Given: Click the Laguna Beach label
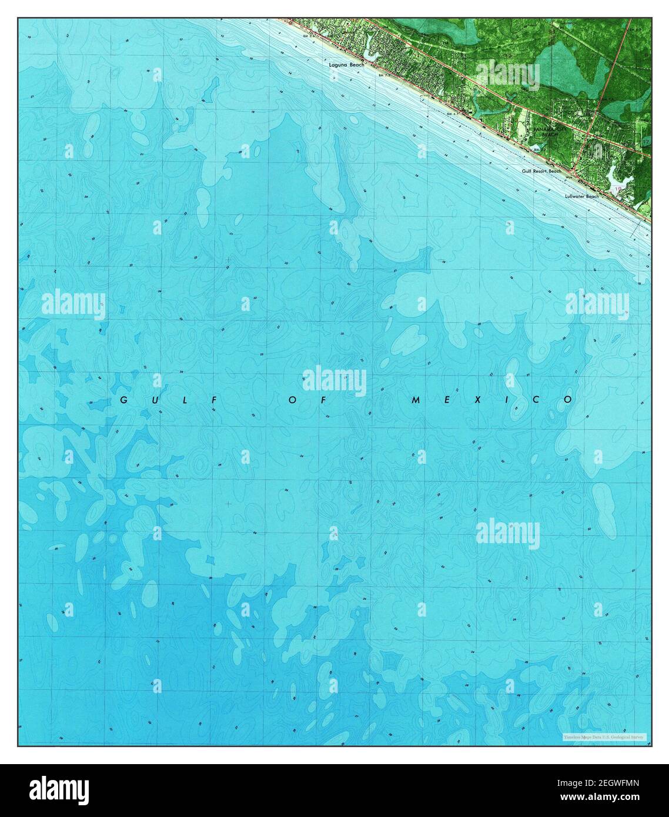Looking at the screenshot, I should coord(347,65).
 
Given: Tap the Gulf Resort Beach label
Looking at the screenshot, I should coord(541,171).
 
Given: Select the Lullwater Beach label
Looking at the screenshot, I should coord(581,196).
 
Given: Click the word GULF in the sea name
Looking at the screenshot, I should coord(169,400).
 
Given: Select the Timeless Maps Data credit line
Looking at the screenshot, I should coord(604,736).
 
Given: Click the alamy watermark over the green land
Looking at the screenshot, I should coord(507,75).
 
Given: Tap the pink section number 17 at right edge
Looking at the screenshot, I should coord(646,143).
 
